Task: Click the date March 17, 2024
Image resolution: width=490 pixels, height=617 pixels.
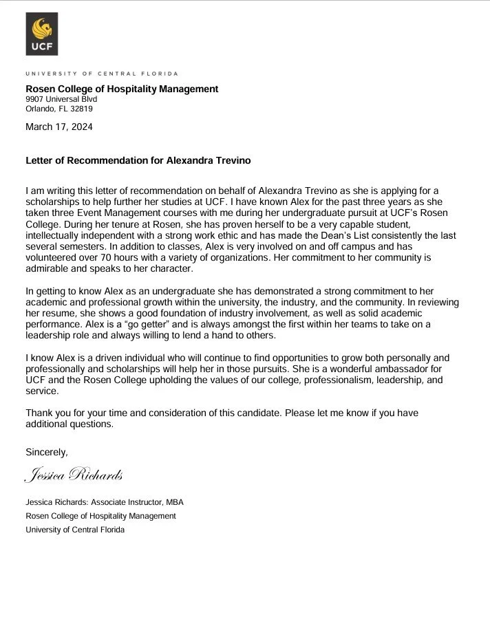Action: pyautogui.click(x=58, y=127)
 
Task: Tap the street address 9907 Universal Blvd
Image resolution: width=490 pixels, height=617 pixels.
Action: pyautogui.click(x=61, y=99)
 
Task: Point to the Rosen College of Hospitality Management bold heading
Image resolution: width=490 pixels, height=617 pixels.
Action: pyautogui.click(x=122, y=89)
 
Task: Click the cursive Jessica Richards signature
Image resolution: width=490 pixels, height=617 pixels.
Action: pyautogui.click(x=74, y=475)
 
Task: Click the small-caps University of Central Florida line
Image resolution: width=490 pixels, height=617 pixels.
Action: pyautogui.click(x=101, y=72)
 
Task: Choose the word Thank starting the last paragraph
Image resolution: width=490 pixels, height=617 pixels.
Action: pyautogui.click(x=39, y=413)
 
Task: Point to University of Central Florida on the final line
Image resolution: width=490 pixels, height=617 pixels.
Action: pyautogui.click(x=76, y=530)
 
